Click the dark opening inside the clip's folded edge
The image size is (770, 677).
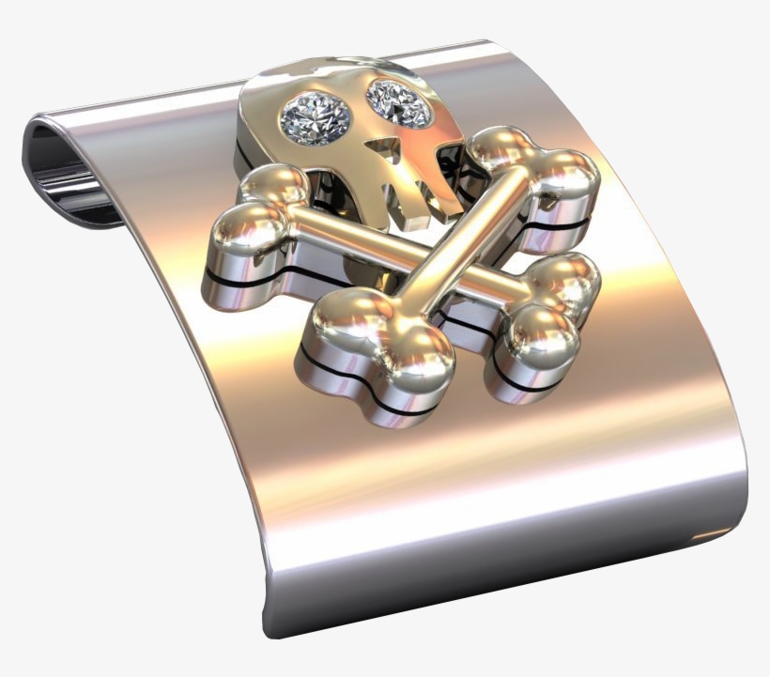point(66,178)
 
